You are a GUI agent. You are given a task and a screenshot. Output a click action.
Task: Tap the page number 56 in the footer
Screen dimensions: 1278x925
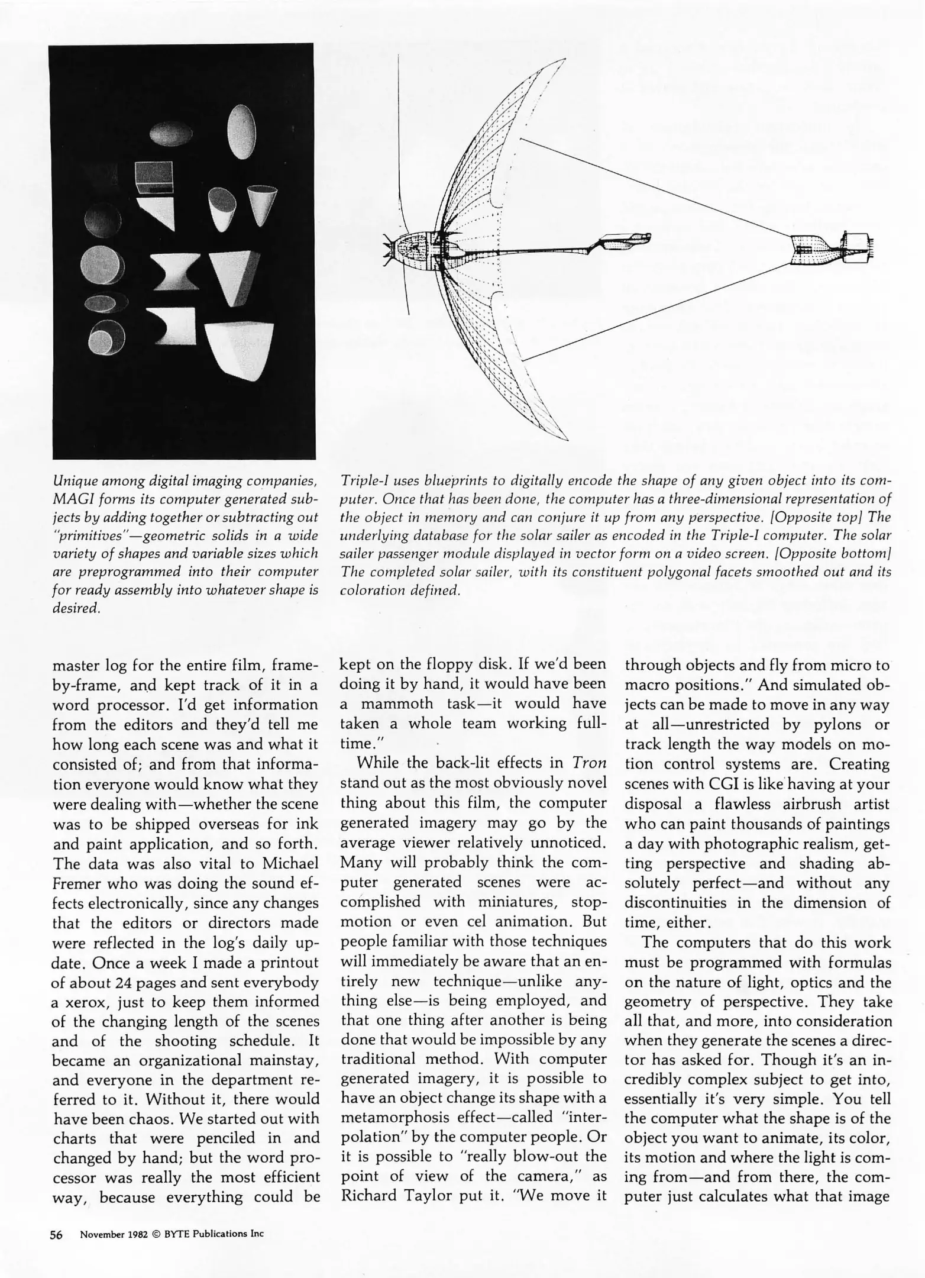pyautogui.click(x=57, y=1234)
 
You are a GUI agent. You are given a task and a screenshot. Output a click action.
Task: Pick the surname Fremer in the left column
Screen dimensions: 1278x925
pyautogui.click(x=79, y=883)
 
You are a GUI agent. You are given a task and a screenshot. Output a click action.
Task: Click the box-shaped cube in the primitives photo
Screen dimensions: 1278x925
pyautogui.click(x=154, y=177)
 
